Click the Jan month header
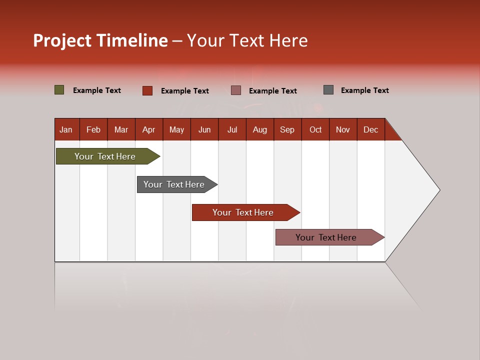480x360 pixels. click(66, 129)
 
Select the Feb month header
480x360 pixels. click(93, 129)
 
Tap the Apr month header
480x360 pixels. click(148, 129)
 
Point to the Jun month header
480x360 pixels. click(204, 129)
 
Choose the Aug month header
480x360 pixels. click(259, 129)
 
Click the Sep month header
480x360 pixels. click(287, 129)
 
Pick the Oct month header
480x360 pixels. click(315, 129)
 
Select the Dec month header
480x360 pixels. click(370, 129)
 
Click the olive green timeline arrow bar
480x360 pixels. click(105, 156)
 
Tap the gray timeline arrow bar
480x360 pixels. click(174, 184)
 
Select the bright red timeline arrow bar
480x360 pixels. click(243, 212)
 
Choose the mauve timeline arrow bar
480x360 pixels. click(326, 237)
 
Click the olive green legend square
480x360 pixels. click(59, 90)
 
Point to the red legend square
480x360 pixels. click(147, 90)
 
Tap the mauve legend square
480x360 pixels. click(236, 90)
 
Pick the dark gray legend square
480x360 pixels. click(328, 90)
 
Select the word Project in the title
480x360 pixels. click(62, 40)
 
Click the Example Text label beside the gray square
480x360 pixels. click(364, 90)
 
